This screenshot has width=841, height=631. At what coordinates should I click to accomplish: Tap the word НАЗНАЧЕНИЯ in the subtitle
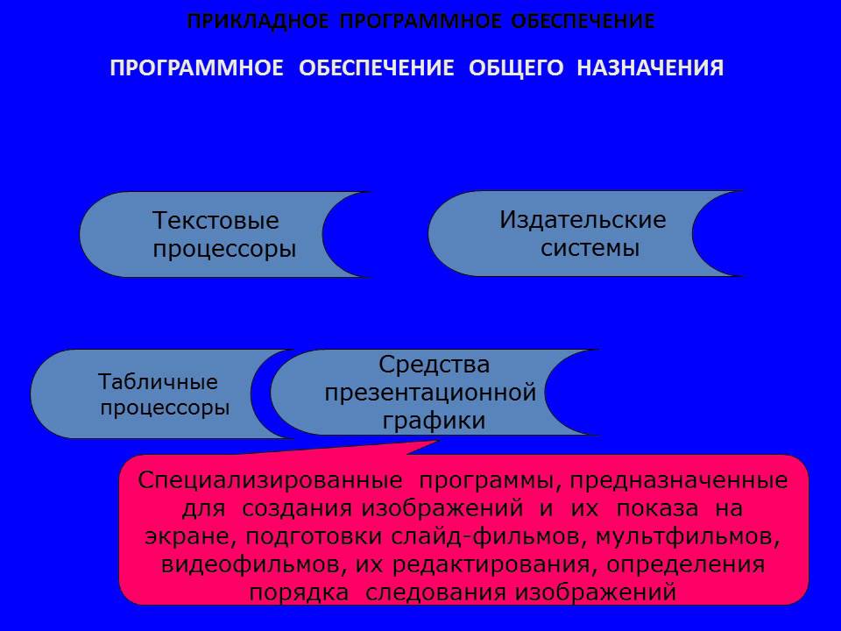click(x=650, y=68)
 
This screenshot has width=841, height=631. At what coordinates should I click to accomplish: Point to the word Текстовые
click(x=216, y=220)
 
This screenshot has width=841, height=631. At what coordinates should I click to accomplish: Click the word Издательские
click(x=583, y=219)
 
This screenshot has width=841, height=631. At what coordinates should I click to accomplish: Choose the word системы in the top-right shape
click(x=590, y=248)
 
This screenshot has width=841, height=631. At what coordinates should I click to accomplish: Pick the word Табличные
click(x=158, y=383)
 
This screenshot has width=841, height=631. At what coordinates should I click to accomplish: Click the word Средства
click(x=434, y=364)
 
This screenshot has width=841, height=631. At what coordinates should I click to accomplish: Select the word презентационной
click(x=430, y=392)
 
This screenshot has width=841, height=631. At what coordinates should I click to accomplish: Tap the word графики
click(x=434, y=421)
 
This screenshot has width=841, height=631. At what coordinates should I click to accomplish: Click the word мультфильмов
click(x=698, y=536)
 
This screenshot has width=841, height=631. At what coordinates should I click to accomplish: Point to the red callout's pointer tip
click(x=437, y=442)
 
